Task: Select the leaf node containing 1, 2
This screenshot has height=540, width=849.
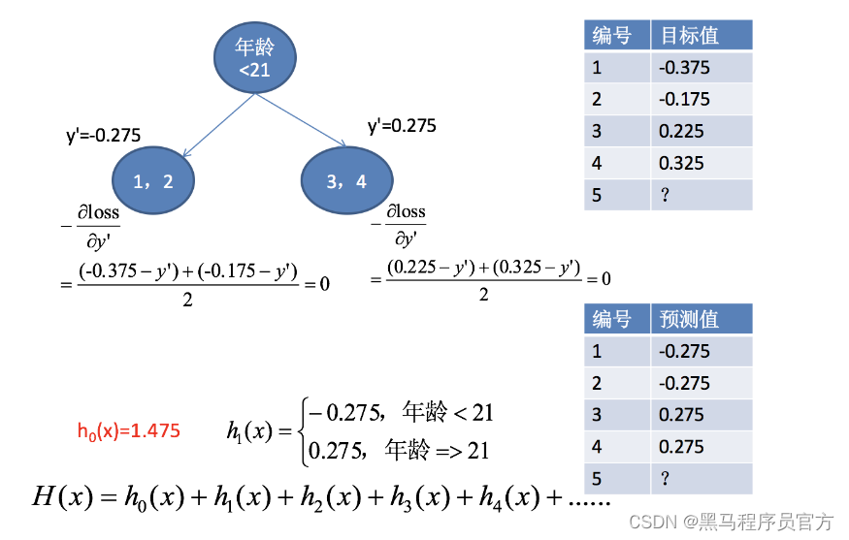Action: tap(153, 180)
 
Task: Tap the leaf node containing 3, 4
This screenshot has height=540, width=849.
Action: tap(346, 180)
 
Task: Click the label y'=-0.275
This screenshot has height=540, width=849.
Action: tap(103, 136)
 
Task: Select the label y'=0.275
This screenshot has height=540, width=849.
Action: tap(402, 126)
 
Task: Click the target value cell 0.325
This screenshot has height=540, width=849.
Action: tap(681, 163)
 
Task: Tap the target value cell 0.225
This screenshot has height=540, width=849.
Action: tap(681, 131)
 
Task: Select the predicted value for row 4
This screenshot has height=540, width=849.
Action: tap(681, 446)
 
